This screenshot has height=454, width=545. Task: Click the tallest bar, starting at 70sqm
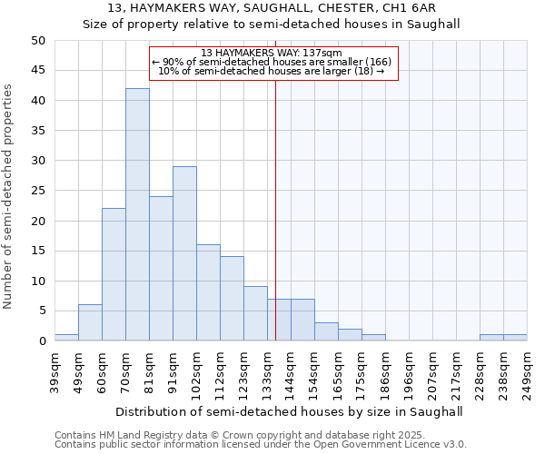137,214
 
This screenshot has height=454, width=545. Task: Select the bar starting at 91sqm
184,253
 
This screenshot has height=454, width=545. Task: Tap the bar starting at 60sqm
114,274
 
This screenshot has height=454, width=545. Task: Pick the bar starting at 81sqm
161,269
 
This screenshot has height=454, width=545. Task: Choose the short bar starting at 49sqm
90,322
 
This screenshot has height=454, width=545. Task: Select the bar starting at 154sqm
326,331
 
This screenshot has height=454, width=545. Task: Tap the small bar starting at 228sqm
491,338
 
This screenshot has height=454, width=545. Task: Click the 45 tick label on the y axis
38,71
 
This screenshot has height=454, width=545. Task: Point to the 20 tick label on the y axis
38,221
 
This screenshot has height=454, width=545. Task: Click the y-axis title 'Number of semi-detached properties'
9,196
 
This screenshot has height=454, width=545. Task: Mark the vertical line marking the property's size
275,209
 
